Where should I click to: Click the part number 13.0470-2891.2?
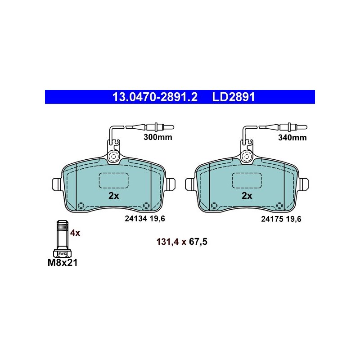155,97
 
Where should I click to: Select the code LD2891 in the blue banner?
234,97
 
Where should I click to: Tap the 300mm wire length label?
158,137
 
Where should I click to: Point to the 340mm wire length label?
292,138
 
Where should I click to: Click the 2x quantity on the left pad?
114,196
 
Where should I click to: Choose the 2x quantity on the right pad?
247,196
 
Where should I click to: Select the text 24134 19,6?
145,219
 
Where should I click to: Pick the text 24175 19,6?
281,219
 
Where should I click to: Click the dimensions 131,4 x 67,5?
182,242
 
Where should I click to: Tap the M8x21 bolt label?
63,263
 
